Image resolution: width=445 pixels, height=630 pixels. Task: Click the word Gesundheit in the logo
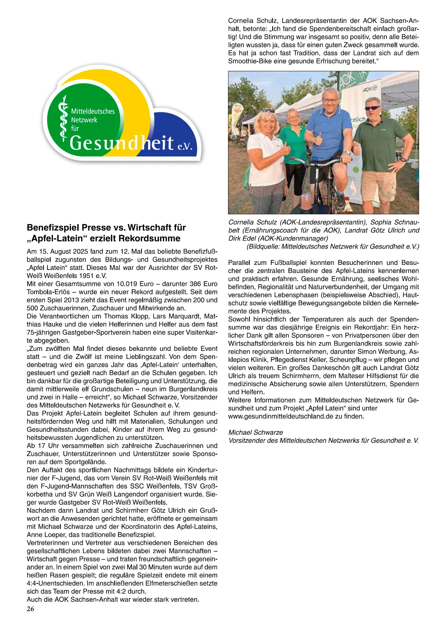[122, 143]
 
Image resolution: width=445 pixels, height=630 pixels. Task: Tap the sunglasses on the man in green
[372, 108]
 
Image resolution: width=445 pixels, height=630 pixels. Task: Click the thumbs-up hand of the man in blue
[318, 140]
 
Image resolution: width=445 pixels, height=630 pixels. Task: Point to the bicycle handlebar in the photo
[318, 162]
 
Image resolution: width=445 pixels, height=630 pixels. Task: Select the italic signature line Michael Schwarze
[255, 432]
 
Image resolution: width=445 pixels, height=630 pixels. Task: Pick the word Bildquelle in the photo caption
[262, 247]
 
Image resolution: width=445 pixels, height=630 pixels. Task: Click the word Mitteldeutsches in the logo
[93, 111]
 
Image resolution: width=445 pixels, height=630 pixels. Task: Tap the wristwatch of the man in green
[403, 160]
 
